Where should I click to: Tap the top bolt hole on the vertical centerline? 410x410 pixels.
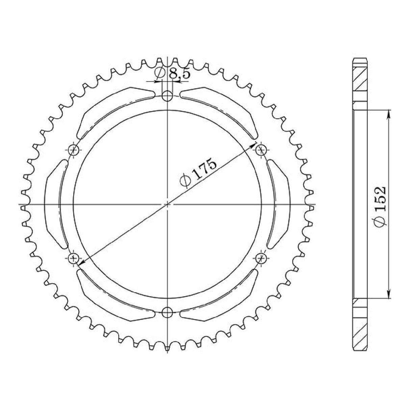coord(167,96)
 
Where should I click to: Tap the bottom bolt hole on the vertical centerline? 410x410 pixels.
coord(167,313)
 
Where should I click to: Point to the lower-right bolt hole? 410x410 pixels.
coord(261,259)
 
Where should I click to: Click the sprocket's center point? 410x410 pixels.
coord(167,204)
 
